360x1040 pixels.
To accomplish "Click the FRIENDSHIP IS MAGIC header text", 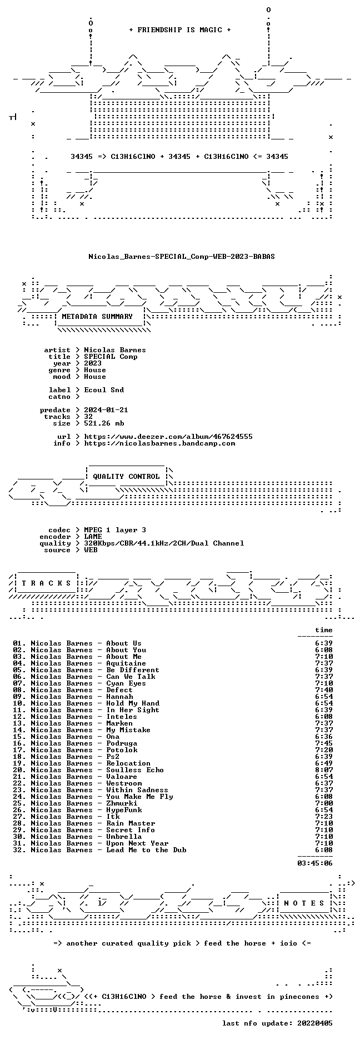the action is pyautogui.click(x=180, y=30).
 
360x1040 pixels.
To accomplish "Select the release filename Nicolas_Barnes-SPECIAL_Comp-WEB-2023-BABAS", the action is pyautogui.click(x=182, y=257).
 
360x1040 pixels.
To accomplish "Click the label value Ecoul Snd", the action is pyautogui.click(x=104, y=390).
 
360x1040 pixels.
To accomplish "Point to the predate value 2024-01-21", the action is pyautogui.click(x=106, y=410).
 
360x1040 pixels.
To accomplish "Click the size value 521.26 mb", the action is pyautogui.click(x=104, y=423).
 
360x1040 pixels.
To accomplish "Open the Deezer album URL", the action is pyautogui.click(x=168, y=437).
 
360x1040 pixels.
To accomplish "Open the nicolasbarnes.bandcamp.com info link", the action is pyautogui.click(x=159, y=443).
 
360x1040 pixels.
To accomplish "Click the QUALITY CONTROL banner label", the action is pyautogui.click(x=126, y=477).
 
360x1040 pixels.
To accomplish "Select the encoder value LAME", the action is pyautogui.click(x=93, y=537).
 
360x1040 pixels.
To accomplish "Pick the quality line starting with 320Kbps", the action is pyautogui.click(x=164, y=543).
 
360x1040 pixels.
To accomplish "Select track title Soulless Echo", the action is pyautogui.click(x=135, y=770).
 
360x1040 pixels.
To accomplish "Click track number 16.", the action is pyautogui.click(x=19, y=743).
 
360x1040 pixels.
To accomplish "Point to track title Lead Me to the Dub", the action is pyautogui.click(x=146, y=850).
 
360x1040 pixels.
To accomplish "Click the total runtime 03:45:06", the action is pyautogui.click(x=315, y=863).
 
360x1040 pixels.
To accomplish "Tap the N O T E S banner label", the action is pyautogui.click(x=304, y=903).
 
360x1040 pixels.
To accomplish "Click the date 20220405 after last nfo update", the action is pyautogui.click(x=315, y=1023).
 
